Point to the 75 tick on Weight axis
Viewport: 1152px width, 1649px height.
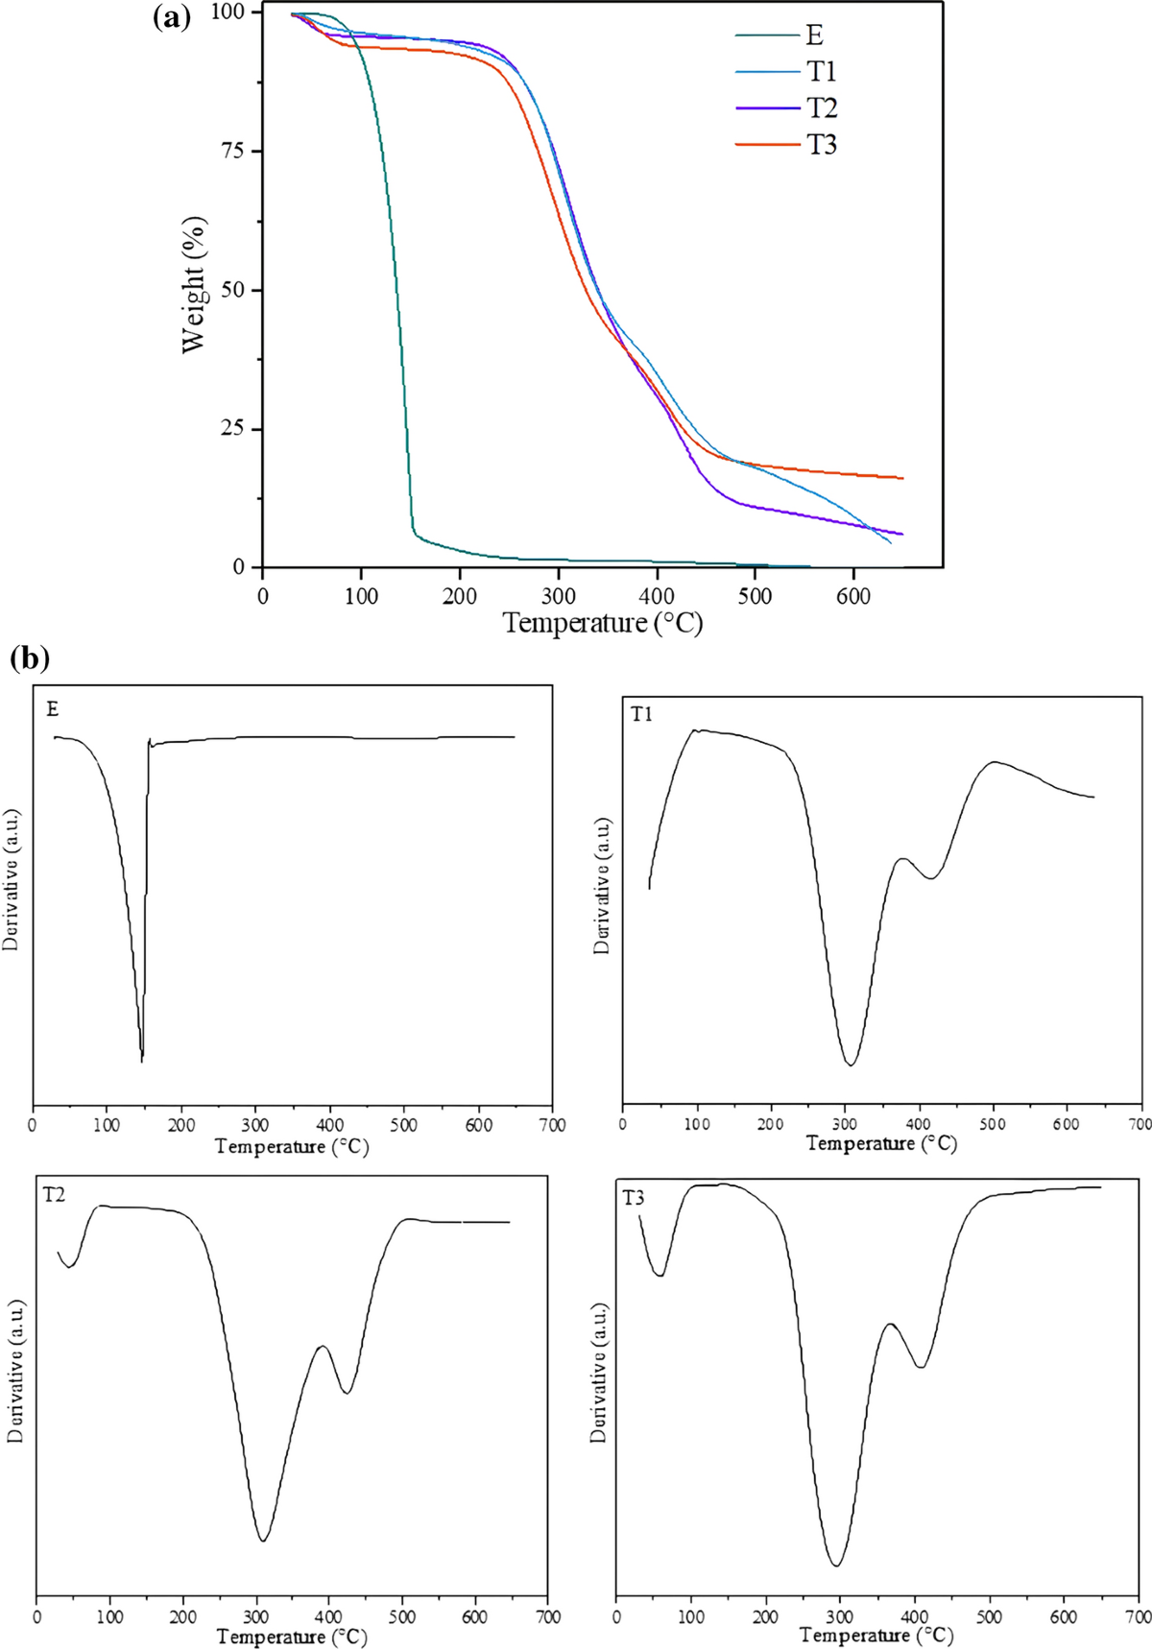[x=234, y=151]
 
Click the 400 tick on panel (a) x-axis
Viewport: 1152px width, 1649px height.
[x=657, y=595]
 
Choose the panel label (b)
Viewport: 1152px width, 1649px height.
[x=29, y=659]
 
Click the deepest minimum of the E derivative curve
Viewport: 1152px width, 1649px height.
[x=142, y=1060]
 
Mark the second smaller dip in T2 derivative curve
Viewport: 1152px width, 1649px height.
[x=347, y=1392]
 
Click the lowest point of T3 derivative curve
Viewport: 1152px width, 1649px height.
[x=837, y=1565]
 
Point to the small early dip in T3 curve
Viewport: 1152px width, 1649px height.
[x=660, y=1275]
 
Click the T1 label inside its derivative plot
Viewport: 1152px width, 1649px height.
[x=641, y=714]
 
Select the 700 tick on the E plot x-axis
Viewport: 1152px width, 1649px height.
[x=552, y=1125]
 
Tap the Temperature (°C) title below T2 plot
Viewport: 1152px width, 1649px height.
[x=292, y=1637]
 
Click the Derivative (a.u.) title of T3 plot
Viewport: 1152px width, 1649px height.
[x=599, y=1373]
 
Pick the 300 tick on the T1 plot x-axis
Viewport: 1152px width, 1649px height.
[x=845, y=1123]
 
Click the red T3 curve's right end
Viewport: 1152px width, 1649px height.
[x=902, y=478]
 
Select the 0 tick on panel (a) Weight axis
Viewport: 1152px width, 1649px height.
[x=239, y=567]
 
